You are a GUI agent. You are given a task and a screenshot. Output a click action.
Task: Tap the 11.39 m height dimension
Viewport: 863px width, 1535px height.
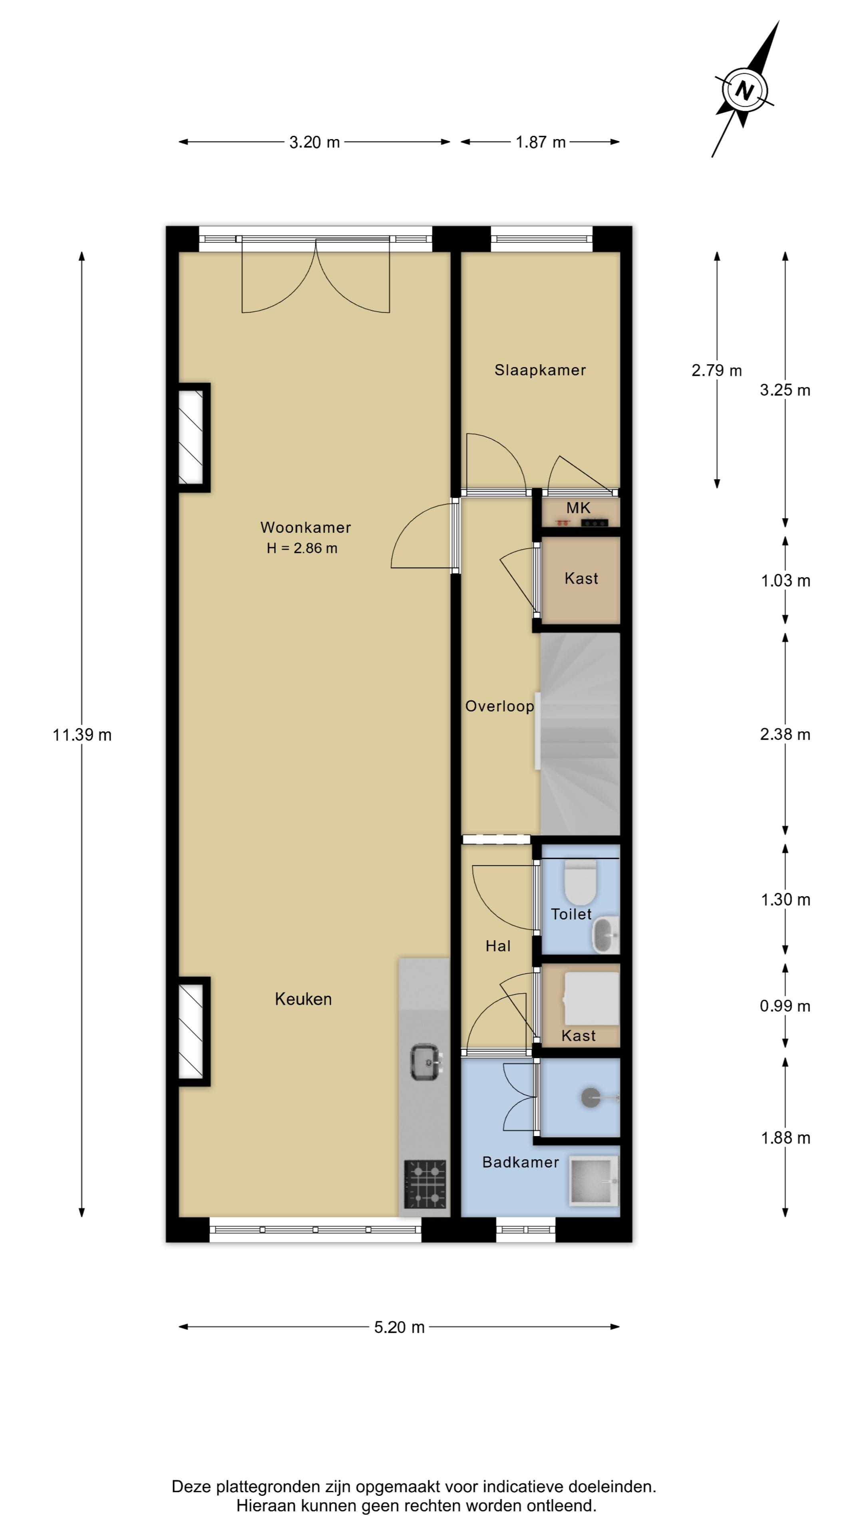pyautogui.click(x=82, y=735)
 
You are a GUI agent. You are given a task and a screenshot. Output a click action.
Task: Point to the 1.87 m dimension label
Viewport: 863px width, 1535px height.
pyautogui.click(x=540, y=142)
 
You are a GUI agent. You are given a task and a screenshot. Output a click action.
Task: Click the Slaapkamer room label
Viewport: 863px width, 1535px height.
pyautogui.click(x=540, y=370)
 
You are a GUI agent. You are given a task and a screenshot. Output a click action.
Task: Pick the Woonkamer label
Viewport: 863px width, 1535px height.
pyautogui.click(x=306, y=527)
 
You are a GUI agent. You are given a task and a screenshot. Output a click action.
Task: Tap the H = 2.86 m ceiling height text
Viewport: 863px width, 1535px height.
pyautogui.click(x=302, y=548)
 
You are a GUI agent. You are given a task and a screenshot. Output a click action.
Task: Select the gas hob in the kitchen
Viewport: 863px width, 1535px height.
pyautogui.click(x=425, y=1183)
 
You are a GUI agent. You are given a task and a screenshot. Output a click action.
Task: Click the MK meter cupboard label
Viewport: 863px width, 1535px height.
pyautogui.click(x=578, y=508)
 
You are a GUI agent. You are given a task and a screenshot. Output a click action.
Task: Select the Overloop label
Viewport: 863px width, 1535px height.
pyautogui.click(x=499, y=706)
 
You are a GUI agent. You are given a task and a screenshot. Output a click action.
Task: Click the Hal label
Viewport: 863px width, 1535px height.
pyautogui.click(x=498, y=946)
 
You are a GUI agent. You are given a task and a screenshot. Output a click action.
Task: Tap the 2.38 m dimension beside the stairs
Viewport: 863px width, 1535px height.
pyautogui.click(x=785, y=734)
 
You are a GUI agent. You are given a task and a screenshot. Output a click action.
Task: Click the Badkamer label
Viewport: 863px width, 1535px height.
pyautogui.click(x=521, y=1162)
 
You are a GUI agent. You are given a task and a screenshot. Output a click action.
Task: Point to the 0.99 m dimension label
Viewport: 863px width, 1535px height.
pyautogui.click(x=785, y=1006)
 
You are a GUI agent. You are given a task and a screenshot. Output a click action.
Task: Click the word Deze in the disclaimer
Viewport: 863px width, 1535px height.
pyautogui.click(x=191, y=1487)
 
